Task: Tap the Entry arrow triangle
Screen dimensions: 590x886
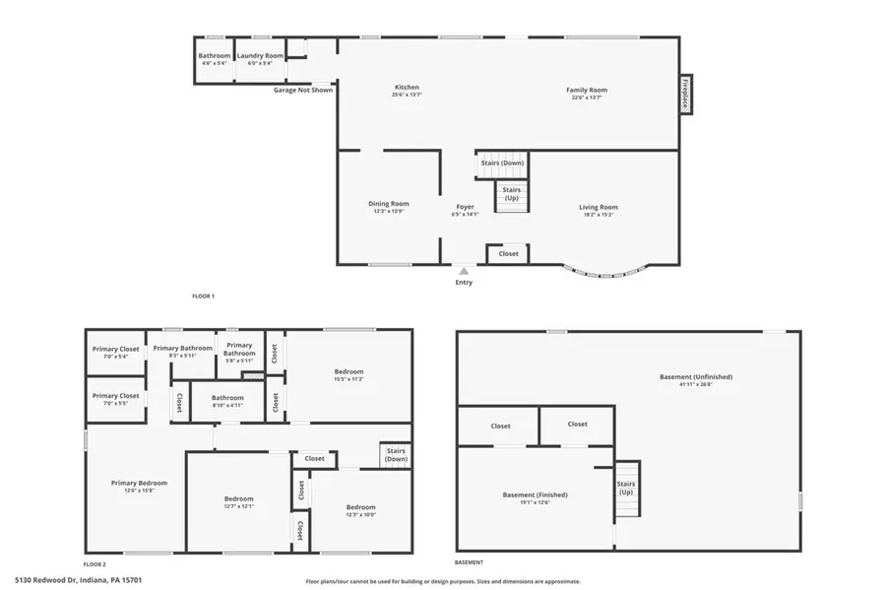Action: [464, 270]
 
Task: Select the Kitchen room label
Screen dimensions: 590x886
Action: [407, 90]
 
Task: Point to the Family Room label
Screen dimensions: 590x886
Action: [585, 90]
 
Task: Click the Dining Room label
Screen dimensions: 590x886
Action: [389, 204]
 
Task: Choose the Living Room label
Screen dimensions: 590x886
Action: [598, 207]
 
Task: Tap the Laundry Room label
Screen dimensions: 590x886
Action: [260, 56]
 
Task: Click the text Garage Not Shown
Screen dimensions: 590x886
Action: [303, 90]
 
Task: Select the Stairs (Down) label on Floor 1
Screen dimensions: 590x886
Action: [502, 163]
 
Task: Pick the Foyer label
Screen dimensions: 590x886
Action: [465, 207]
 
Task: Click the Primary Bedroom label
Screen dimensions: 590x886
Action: [139, 483]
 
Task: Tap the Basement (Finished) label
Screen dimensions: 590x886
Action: [535, 494]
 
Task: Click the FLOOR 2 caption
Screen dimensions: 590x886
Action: [95, 564]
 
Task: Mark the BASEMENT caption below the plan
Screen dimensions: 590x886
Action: [470, 562]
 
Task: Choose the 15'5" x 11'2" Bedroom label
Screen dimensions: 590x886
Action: [348, 371]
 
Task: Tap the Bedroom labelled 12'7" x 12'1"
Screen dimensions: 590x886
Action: [238, 498]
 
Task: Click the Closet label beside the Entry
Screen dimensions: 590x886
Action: [508, 253]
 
